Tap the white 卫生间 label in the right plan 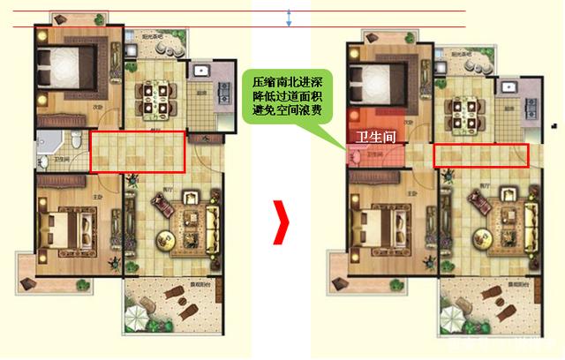373,138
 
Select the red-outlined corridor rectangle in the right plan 481,154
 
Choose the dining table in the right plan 464,109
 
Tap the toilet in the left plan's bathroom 78,141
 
